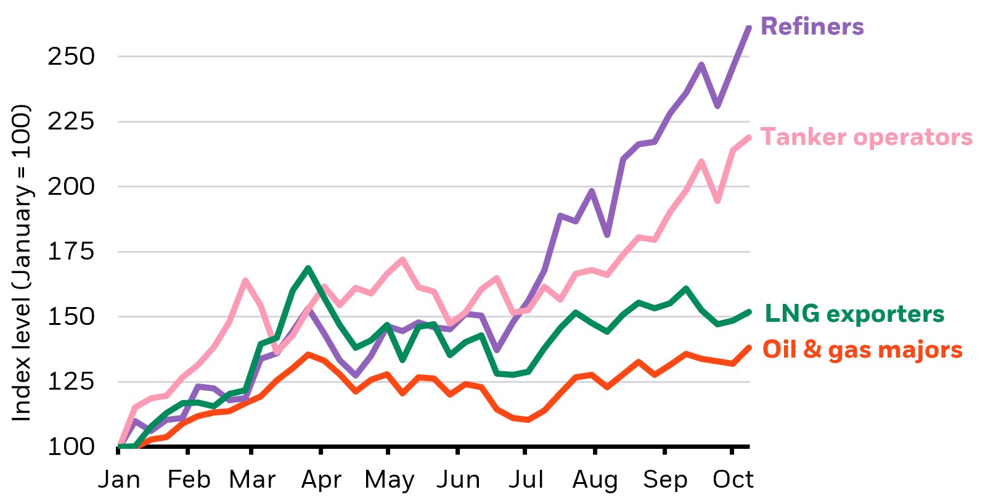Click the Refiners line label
(x=812, y=27)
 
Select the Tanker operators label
(x=866, y=137)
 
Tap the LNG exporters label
(x=854, y=314)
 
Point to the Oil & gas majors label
(x=863, y=350)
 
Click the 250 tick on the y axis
(x=71, y=57)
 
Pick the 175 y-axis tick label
(x=71, y=252)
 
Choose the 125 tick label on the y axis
(x=71, y=382)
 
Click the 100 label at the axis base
(x=71, y=446)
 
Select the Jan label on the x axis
(x=119, y=480)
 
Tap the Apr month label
(x=321, y=480)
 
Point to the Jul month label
(x=526, y=480)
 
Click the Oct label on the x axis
(x=733, y=480)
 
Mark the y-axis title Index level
(x=22, y=263)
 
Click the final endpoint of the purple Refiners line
(x=749, y=28)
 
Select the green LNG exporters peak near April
(x=308, y=268)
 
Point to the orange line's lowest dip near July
(x=528, y=419)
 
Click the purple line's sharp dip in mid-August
(x=607, y=235)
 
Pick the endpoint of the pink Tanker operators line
(x=749, y=138)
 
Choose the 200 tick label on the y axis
(x=71, y=187)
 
